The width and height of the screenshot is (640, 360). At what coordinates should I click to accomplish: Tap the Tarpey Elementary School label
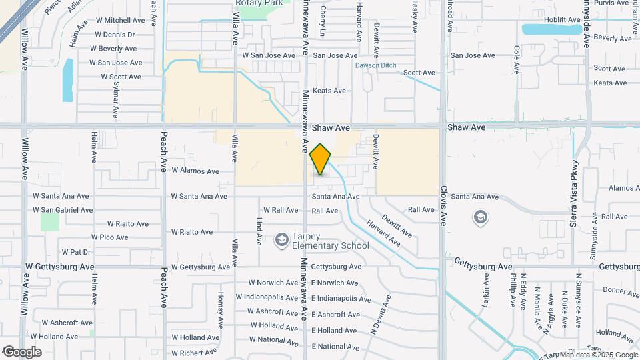(331, 241)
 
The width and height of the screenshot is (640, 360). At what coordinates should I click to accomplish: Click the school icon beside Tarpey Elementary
(282, 239)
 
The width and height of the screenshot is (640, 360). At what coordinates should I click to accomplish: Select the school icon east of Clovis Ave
(480, 217)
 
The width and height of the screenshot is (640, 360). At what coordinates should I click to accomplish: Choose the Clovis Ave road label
(443, 205)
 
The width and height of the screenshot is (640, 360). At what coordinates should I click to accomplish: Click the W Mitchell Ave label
(120, 21)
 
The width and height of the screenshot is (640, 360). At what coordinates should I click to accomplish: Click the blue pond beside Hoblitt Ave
(551, 29)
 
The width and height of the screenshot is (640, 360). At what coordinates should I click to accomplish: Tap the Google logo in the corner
(22, 351)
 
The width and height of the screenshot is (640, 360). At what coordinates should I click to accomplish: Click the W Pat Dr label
(77, 252)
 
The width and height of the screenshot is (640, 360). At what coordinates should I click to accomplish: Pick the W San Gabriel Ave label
(63, 210)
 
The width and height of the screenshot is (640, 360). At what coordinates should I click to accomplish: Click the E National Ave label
(338, 347)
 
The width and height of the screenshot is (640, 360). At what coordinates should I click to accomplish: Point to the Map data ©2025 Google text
(597, 355)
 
